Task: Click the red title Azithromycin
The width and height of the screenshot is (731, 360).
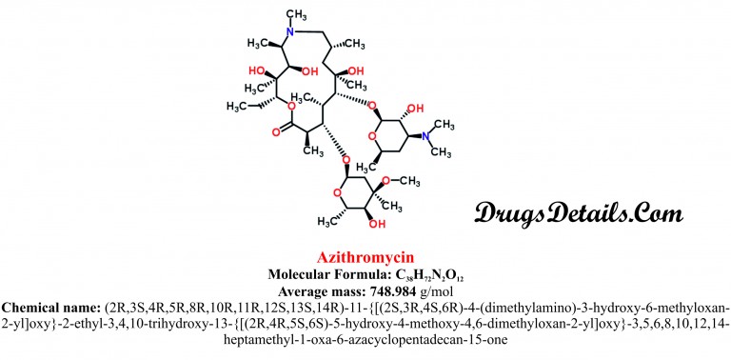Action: click(365, 257)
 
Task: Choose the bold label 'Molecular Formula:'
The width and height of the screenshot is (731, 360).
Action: click(329, 274)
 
